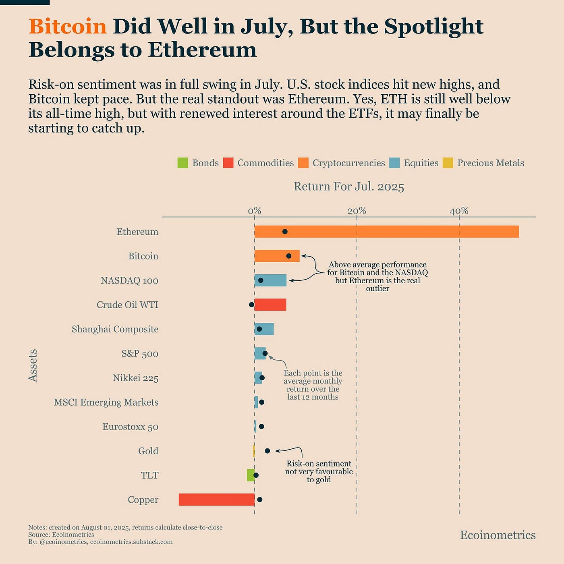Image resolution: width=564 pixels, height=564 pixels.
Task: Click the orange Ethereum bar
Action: (x=387, y=232)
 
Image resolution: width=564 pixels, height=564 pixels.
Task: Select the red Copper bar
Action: (x=217, y=500)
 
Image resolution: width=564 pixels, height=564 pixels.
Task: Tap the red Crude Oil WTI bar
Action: (x=271, y=305)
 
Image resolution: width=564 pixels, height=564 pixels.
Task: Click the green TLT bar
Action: (x=251, y=475)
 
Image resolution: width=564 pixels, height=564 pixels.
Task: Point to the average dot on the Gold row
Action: (x=267, y=451)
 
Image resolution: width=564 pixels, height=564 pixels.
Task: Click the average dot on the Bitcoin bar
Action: (x=288, y=256)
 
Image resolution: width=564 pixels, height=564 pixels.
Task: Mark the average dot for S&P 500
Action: (x=265, y=353)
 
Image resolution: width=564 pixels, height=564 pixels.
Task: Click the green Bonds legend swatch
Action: (x=182, y=163)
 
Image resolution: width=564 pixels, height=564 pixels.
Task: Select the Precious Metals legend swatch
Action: (x=448, y=163)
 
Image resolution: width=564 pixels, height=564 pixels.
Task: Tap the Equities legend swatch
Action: (x=394, y=163)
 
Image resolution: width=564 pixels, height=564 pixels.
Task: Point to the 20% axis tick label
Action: (x=357, y=211)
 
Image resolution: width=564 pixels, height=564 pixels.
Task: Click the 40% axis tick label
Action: (x=459, y=211)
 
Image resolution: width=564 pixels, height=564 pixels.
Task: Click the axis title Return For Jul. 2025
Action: (x=348, y=187)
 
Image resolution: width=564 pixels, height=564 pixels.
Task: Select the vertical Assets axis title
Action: (x=33, y=365)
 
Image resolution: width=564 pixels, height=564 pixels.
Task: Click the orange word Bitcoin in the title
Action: (x=67, y=27)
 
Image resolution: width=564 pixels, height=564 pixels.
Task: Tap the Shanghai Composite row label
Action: (x=115, y=329)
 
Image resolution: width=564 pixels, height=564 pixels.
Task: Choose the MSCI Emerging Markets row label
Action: (x=106, y=402)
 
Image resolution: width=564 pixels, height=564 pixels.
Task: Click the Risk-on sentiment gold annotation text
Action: (x=319, y=471)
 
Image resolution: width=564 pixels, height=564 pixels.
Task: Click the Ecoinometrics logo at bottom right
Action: (x=498, y=535)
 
